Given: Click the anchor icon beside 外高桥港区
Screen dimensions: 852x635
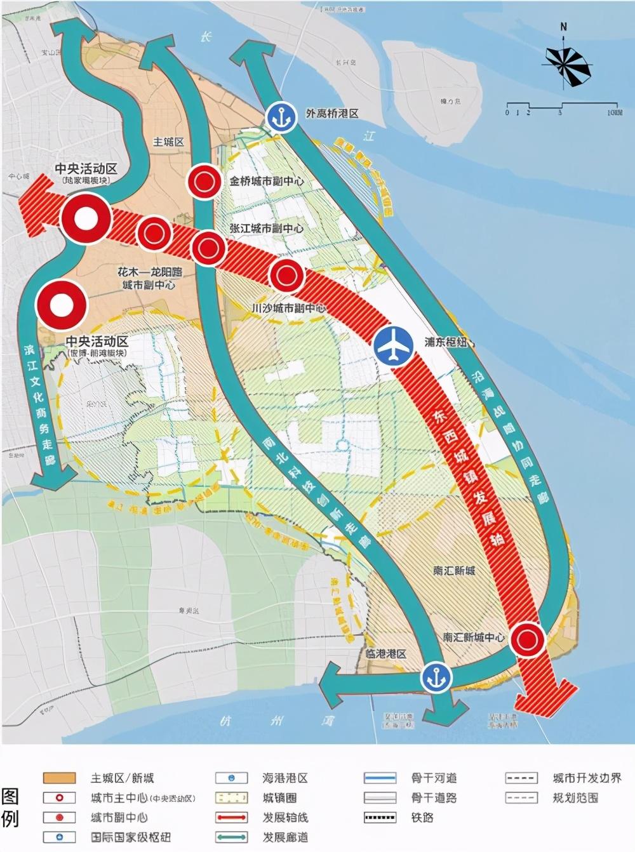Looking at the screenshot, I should (x=280, y=117).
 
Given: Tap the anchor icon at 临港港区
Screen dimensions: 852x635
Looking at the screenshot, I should (x=436, y=677).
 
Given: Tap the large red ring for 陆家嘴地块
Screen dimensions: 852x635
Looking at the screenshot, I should (x=87, y=218).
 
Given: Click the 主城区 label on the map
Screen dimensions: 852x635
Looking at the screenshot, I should (x=168, y=142).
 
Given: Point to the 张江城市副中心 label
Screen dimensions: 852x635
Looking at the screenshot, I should (x=267, y=228).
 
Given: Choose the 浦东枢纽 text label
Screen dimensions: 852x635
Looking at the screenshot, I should (x=446, y=342).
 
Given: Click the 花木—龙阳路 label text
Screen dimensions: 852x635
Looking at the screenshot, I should (x=150, y=272).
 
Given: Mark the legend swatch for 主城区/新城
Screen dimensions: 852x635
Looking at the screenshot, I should (x=59, y=778).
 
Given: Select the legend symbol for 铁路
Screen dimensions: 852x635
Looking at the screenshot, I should (x=380, y=818).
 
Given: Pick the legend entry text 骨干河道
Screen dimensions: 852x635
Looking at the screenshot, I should (x=434, y=778).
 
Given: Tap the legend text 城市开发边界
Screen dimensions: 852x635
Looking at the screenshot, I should (x=587, y=778).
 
